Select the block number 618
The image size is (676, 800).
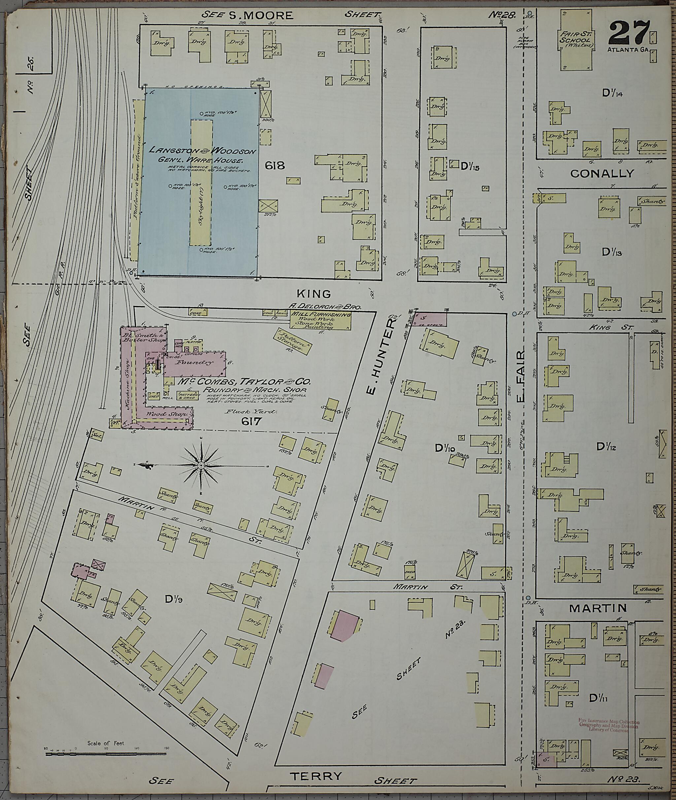(275, 165)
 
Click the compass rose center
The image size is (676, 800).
(200, 465)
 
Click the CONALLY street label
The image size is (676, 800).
(602, 174)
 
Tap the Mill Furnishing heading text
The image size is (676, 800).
(321, 314)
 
